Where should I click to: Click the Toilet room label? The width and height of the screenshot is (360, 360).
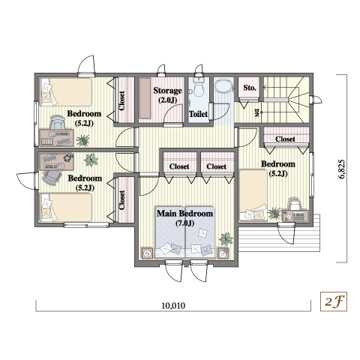click(x=198, y=114)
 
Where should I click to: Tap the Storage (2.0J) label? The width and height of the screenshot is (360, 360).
click(x=167, y=95)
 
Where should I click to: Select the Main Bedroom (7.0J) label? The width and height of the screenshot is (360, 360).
click(x=184, y=218)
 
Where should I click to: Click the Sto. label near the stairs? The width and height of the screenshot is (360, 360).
click(x=250, y=88)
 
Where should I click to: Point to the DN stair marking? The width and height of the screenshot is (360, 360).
click(x=256, y=112)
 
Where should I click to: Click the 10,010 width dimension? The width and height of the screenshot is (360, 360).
click(x=173, y=305)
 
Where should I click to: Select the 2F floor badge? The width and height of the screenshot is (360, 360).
click(x=334, y=301)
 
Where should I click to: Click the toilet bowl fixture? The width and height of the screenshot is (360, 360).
click(x=199, y=89)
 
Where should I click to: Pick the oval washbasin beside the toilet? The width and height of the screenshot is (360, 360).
click(x=224, y=86)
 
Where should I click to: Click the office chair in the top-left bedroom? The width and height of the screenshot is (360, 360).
click(x=57, y=122)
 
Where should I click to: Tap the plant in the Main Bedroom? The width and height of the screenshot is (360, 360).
click(x=226, y=238)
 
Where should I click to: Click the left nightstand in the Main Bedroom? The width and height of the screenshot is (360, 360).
click(x=147, y=253)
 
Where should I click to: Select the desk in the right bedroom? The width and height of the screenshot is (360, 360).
click(x=295, y=215)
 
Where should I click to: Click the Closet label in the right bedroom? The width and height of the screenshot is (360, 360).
click(x=285, y=139)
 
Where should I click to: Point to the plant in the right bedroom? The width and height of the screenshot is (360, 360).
click(x=274, y=213)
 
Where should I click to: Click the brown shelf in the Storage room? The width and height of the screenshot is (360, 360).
click(x=145, y=98)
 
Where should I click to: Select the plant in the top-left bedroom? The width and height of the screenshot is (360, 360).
click(x=82, y=140)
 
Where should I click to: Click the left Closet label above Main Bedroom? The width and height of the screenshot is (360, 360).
click(x=179, y=166)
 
